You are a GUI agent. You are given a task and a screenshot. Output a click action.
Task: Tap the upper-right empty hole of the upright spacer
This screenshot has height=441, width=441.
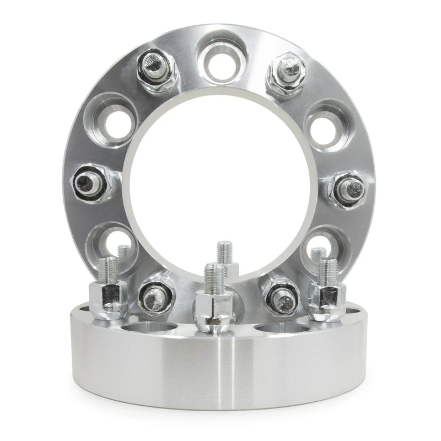(x=321, y=122)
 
